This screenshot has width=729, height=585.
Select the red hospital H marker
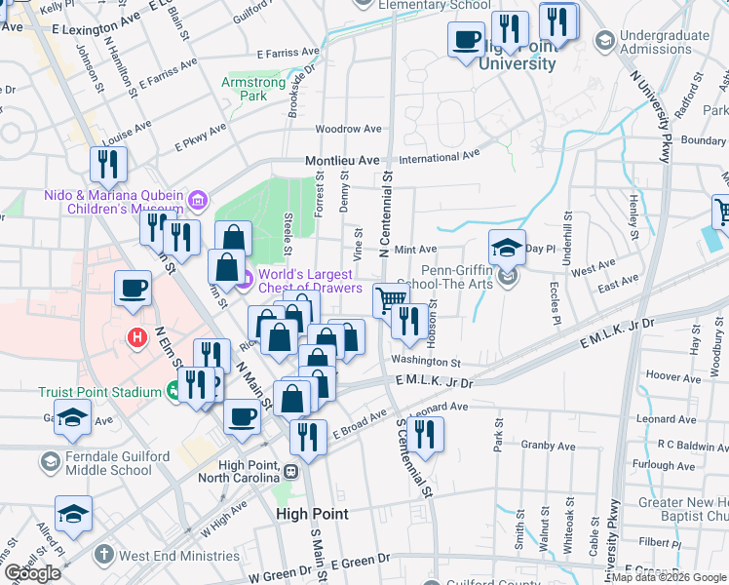point(138,337)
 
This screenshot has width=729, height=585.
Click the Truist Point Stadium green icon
point(173,392)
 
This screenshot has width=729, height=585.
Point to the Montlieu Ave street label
point(341,160)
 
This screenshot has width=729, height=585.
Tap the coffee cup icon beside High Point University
point(466,41)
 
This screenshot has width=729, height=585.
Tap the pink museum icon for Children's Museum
point(198,201)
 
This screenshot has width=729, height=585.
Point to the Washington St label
point(425,361)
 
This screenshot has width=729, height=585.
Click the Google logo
point(32,573)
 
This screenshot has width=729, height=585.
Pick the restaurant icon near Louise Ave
point(107,165)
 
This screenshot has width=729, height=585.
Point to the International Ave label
point(440,155)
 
